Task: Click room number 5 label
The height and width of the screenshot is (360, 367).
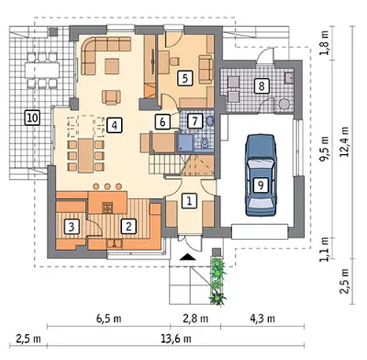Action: click(x=185, y=78)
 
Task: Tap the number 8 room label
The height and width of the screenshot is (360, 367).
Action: click(x=261, y=86)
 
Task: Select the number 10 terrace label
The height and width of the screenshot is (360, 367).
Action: click(x=32, y=118)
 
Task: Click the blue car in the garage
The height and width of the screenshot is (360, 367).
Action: click(x=261, y=175)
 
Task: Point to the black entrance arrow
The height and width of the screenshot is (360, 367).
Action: click(x=187, y=257)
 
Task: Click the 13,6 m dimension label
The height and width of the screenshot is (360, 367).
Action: click(x=176, y=339)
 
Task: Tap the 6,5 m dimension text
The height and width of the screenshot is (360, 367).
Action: click(x=109, y=319)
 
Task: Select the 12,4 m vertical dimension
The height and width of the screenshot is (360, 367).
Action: click(x=345, y=141)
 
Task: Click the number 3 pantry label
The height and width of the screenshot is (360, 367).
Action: click(x=72, y=227)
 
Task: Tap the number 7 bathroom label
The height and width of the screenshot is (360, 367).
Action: click(x=195, y=121)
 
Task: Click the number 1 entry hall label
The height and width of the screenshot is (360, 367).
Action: click(x=189, y=201)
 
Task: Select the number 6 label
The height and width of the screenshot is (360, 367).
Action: click(x=162, y=121)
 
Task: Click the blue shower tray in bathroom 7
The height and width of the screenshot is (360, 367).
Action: click(x=185, y=142)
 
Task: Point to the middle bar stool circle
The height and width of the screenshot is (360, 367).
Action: click(x=107, y=186)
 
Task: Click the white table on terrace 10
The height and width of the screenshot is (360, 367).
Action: click(x=42, y=70)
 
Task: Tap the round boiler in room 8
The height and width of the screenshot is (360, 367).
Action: click(x=284, y=104)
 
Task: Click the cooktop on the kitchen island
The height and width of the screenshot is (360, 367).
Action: click(x=107, y=208)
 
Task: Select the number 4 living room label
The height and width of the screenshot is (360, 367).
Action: click(x=114, y=125)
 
